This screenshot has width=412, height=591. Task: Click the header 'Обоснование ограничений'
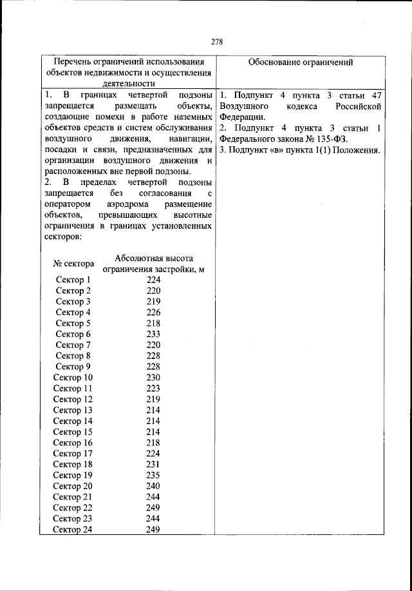(x=300, y=63)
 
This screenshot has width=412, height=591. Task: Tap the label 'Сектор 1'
(x=73, y=280)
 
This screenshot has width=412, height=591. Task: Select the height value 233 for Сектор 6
(x=153, y=334)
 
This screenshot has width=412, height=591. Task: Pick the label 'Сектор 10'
(x=73, y=378)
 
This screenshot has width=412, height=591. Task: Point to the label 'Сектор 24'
(x=73, y=530)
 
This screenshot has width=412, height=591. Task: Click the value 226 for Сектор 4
(x=153, y=313)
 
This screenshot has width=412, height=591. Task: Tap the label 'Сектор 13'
(x=73, y=410)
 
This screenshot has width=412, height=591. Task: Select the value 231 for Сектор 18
(x=153, y=465)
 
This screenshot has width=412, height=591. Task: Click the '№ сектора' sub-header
(x=73, y=264)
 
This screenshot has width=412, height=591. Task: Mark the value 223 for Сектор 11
(x=153, y=389)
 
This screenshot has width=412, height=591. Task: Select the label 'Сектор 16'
(x=73, y=443)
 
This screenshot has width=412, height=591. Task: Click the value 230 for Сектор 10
(x=153, y=378)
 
